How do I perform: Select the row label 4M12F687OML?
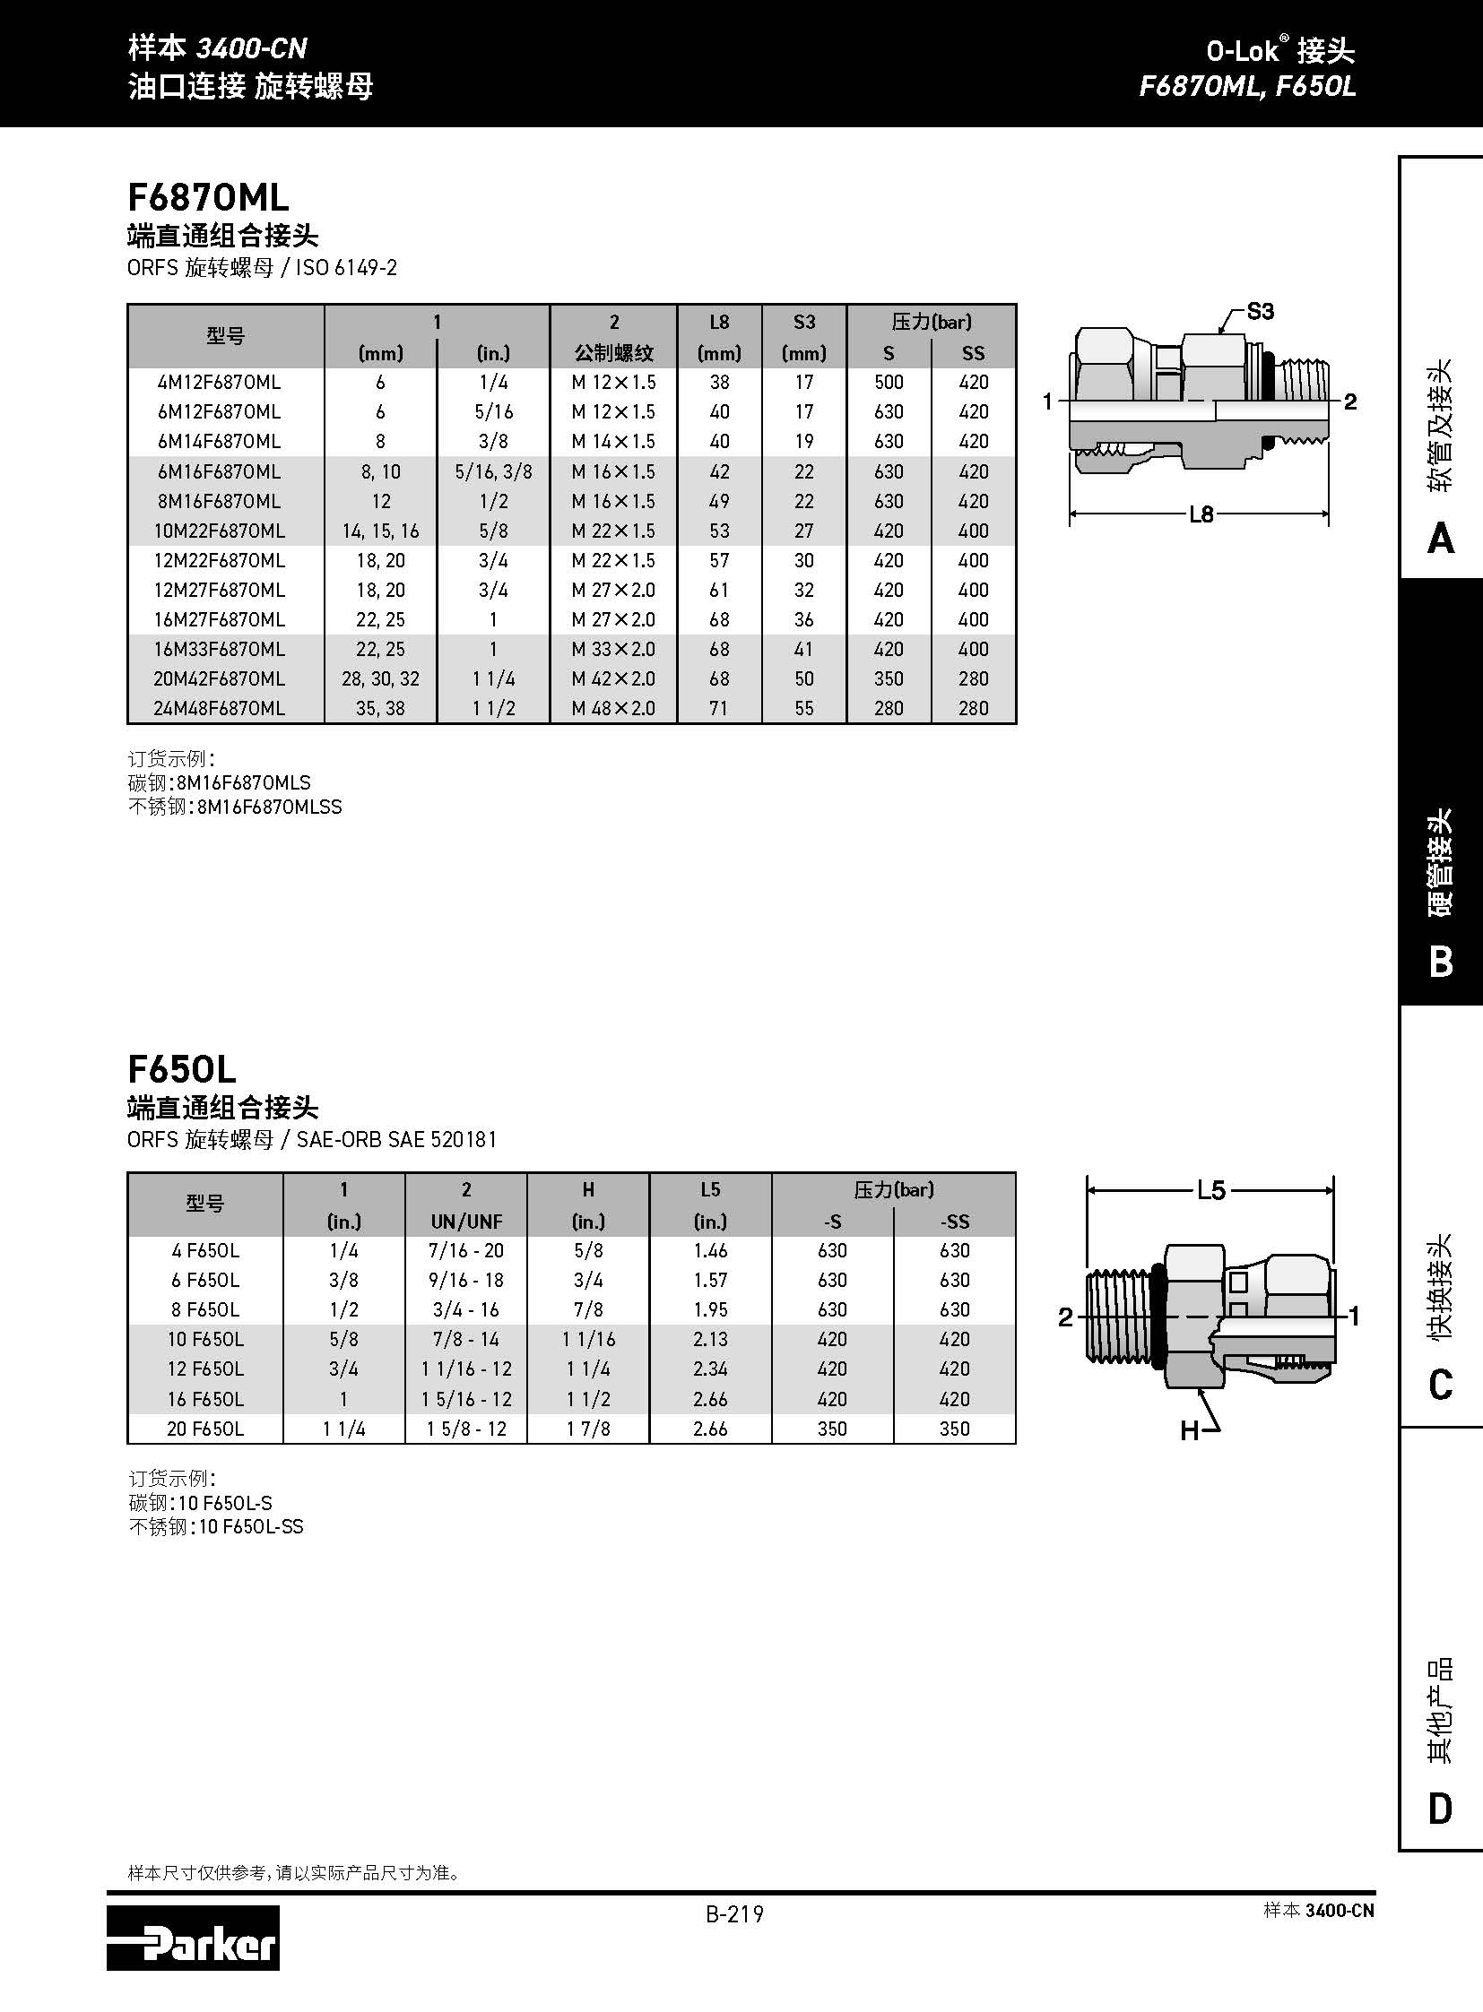[x=219, y=383]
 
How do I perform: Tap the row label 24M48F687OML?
[x=219, y=708]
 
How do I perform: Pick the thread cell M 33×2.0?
[x=613, y=649]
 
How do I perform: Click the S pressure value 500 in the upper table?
[x=889, y=383]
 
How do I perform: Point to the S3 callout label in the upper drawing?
[x=1260, y=311]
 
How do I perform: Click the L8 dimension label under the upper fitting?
[x=1201, y=514]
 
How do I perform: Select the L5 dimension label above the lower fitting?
[x=1210, y=1190]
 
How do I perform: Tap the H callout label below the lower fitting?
[x=1191, y=1430]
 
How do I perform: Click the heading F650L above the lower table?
[x=182, y=1069]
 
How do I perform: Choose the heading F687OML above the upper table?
[x=208, y=196]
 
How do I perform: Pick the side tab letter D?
[x=1440, y=1809]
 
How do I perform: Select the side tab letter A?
[x=1440, y=539]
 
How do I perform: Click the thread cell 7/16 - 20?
[x=467, y=1250]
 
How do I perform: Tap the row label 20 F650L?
[x=204, y=1429]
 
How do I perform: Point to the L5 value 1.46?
[x=710, y=1250]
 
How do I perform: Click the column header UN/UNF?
[x=467, y=1221]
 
